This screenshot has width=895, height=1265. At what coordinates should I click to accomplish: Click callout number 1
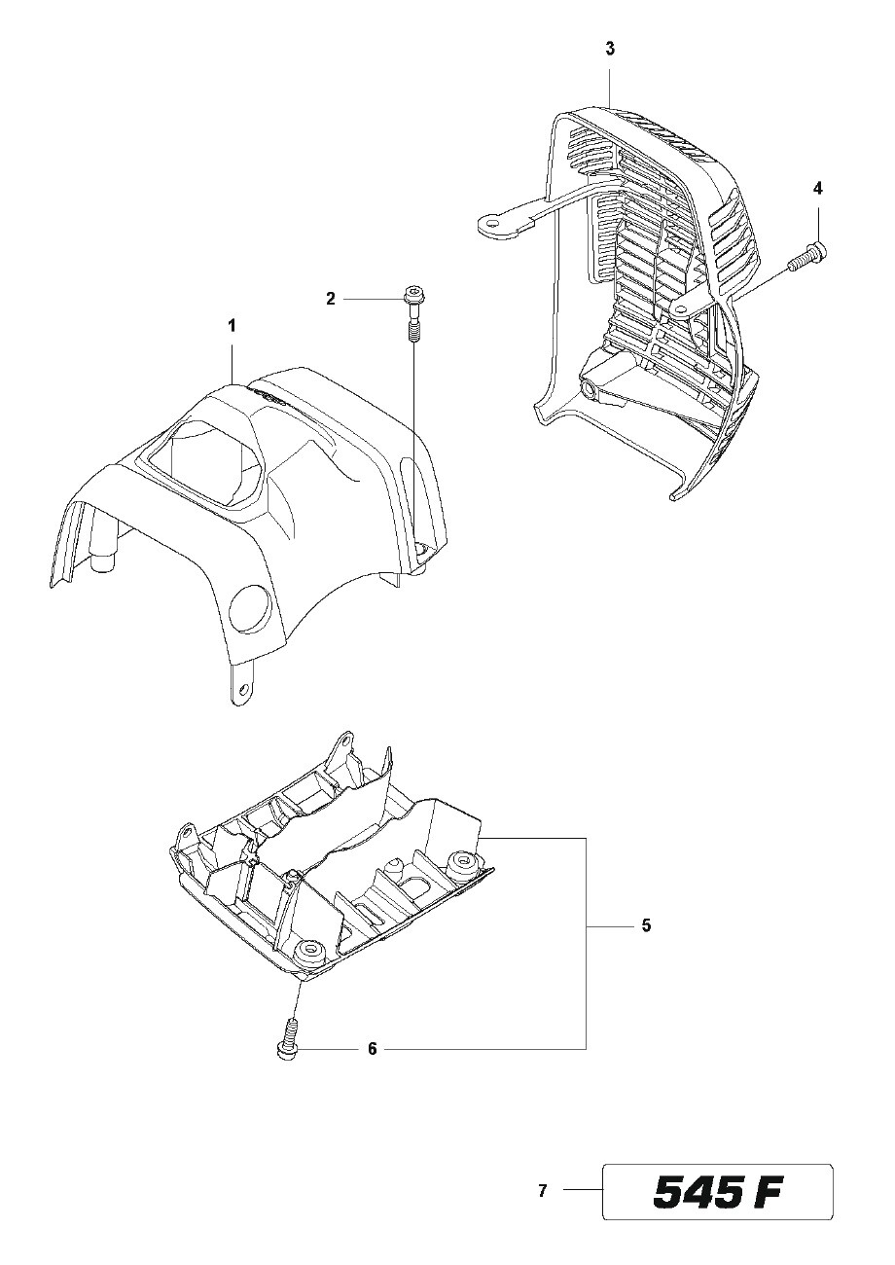232,326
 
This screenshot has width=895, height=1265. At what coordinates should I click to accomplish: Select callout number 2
331,300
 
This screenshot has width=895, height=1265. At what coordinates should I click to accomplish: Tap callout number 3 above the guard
609,48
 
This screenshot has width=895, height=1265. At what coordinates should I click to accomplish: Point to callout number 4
818,187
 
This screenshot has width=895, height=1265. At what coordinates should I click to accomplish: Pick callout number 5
646,925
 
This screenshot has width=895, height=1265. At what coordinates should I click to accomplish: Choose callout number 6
372,1049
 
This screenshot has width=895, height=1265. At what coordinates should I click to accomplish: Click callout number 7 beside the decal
543,1189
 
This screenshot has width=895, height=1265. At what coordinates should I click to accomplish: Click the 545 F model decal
718,1191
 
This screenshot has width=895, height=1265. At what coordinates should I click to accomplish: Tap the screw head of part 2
412,294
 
